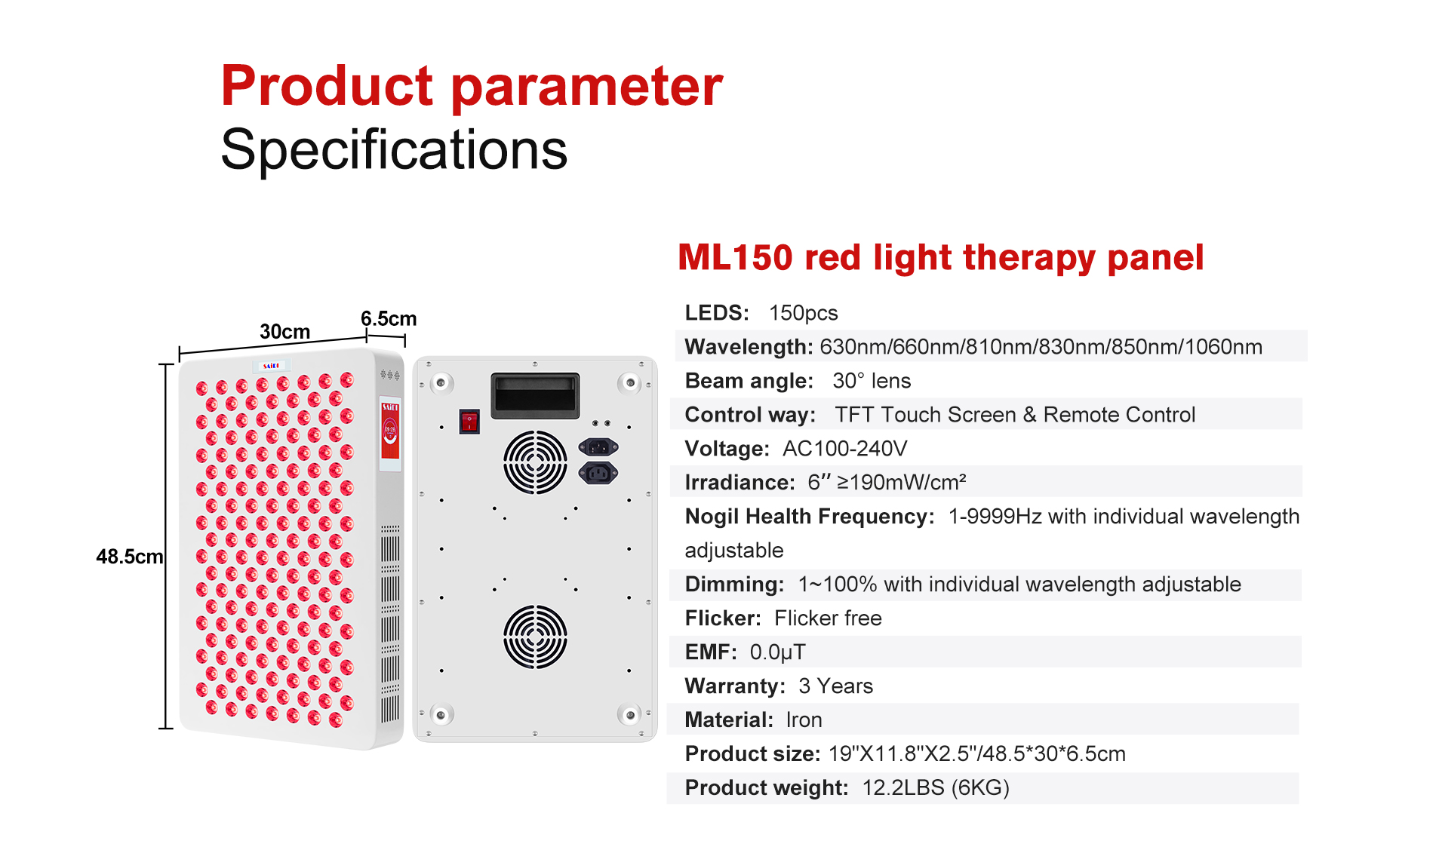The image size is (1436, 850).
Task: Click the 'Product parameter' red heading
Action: [x=472, y=87]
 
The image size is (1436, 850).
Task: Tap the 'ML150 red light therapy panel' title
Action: [x=940, y=259]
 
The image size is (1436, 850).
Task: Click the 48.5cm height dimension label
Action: [x=129, y=557]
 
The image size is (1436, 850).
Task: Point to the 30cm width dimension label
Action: [x=284, y=332]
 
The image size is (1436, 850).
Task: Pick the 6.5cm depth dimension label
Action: [x=389, y=318]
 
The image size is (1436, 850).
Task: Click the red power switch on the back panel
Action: [x=469, y=421]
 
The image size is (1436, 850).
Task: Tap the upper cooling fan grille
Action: [x=535, y=462]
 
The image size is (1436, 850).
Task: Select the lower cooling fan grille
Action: [x=535, y=637]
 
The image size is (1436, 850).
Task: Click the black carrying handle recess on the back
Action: [x=535, y=395]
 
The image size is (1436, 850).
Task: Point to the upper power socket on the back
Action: [x=598, y=447]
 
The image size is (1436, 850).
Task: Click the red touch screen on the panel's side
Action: [x=390, y=431]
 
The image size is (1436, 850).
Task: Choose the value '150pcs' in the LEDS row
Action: [x=803, y=313]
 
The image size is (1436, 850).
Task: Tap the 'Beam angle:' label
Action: [x=749, y=381]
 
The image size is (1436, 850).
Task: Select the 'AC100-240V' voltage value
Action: [x=844, y=449]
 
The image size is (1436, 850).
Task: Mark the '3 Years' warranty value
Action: [x=835, y=686]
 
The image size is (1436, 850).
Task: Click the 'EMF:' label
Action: [x=710, y=652]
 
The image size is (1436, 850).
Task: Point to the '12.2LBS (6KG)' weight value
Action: [x=936, y=788]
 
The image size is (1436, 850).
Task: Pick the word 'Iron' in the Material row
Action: [x=804, y=720]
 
